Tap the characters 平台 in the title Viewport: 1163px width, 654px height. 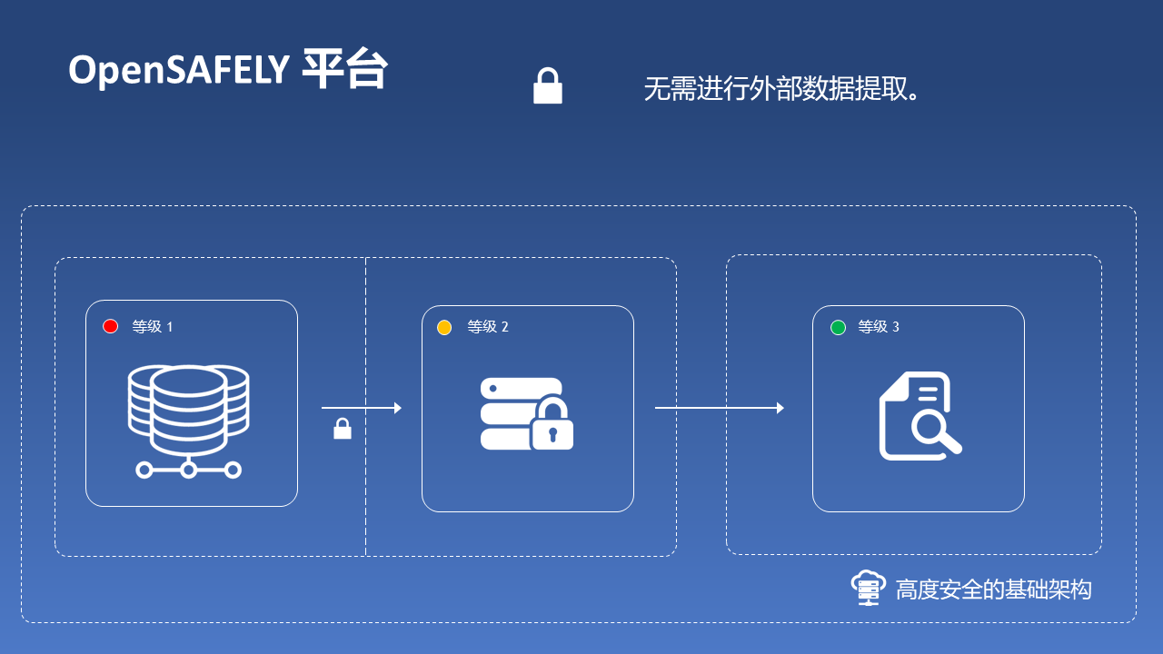344,69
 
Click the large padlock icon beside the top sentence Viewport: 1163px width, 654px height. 547,86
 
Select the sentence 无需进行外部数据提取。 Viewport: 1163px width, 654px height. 783,89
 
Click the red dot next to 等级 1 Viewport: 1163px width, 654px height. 111,326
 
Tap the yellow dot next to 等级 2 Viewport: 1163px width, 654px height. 444,327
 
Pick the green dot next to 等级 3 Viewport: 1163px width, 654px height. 838,327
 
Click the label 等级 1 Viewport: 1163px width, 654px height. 153,327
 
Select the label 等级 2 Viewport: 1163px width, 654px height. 488,327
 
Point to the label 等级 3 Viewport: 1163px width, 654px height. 879,327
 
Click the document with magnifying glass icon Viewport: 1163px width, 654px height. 919,416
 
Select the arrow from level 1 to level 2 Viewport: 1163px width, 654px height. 361,408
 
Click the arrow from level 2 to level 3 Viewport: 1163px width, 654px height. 719,408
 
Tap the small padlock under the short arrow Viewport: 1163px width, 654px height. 343,429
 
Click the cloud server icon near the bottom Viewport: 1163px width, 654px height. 868,588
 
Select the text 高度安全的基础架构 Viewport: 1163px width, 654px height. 993,590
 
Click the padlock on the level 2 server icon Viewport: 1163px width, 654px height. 552,424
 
